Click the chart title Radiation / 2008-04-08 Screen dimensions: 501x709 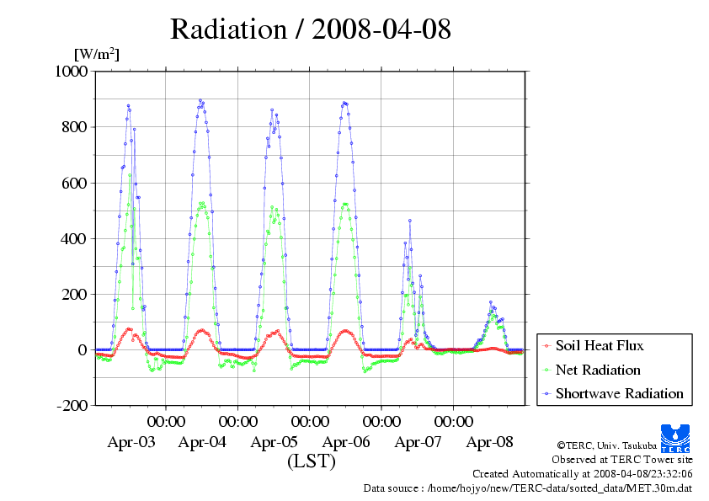coord(311,29)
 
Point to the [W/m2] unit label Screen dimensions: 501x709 coord(96,55)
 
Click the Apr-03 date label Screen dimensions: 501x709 coord(131,441)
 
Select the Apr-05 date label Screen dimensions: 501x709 coord(275,441)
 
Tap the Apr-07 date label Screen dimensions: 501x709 coord(418,441)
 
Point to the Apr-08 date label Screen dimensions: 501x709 coord(490,441)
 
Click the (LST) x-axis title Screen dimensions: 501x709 coord(312,461)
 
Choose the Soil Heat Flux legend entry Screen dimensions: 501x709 coord(599,345)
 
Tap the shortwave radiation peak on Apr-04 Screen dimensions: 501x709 coord(200,100)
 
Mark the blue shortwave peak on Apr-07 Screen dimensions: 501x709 coord(410,220)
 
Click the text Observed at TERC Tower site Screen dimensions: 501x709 coord(621,460)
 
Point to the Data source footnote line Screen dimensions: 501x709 coord(528,488)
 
